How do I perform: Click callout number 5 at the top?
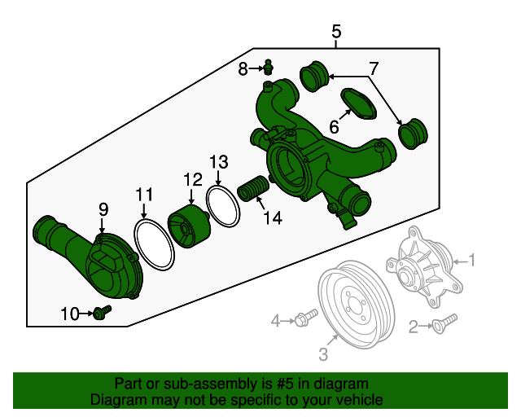[336, 32]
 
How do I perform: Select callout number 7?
[374, 68]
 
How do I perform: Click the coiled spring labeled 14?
[252, 191]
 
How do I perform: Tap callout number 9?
[103, 209]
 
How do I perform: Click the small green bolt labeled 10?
[102, 311]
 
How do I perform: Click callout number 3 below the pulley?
[322, 353]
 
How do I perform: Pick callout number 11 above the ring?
[144, 194]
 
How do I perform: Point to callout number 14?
[272, 217]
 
